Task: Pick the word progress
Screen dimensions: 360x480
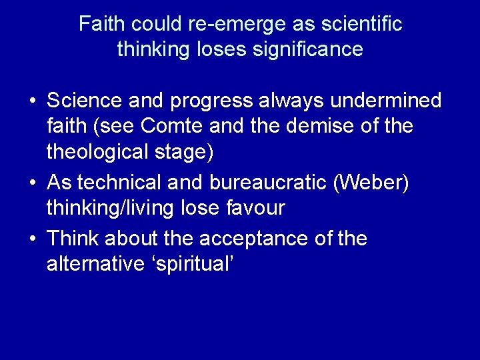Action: pos(212,102)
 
